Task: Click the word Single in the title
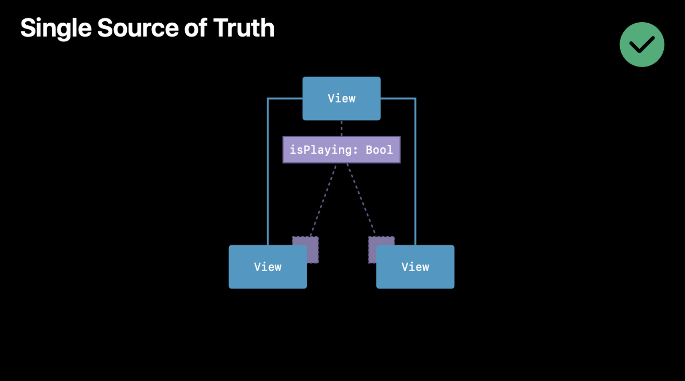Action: coord(56,28)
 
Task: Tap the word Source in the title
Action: coord(138,28)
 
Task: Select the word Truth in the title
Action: coord(244,28)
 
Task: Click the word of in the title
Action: coord(196,28)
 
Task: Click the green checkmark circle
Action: coord(642,45)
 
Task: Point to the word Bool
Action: coord(379,150)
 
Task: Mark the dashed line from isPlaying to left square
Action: coord(324,201)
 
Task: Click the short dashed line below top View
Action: coord(341,128)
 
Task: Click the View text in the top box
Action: coord(341,99)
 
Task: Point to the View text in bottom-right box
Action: coord(415,267)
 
